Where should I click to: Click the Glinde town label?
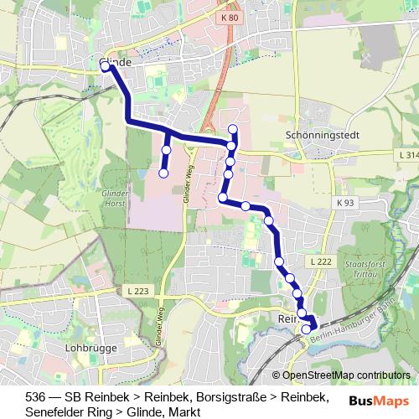117,63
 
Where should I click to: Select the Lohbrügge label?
88,345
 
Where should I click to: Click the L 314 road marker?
407,155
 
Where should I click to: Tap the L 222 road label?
319,262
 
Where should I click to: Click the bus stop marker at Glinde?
105,66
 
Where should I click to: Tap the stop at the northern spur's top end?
233,129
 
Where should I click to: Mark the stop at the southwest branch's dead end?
163,173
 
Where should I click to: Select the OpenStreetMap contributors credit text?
346,375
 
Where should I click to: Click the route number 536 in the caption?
36,396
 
